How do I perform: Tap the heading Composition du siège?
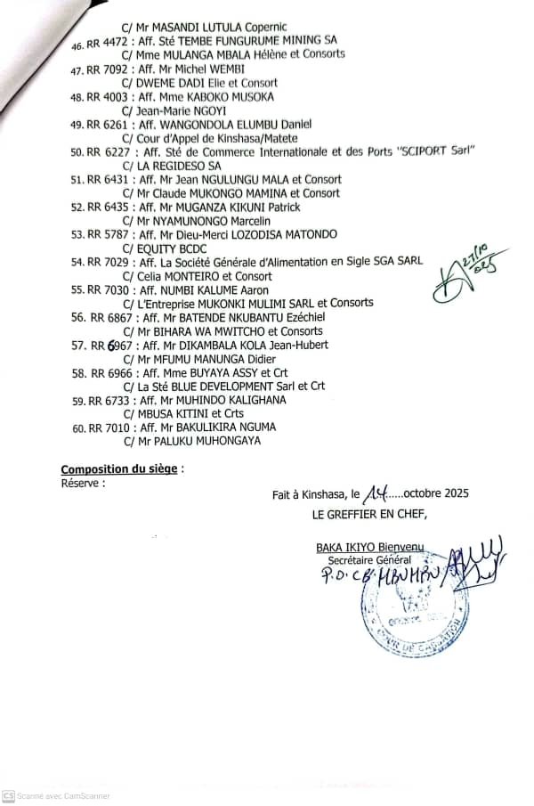(119, 469)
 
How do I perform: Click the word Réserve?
(80, 484)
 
